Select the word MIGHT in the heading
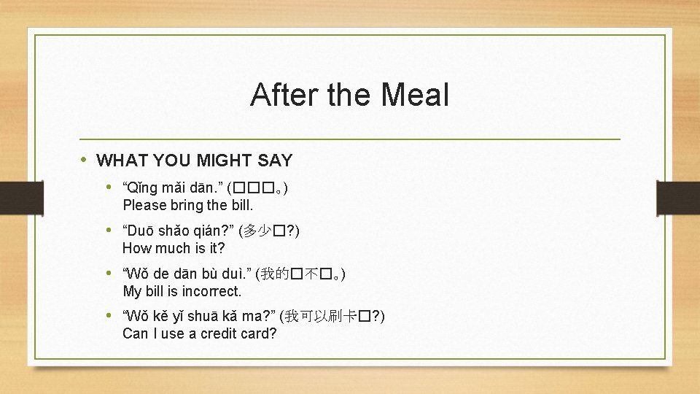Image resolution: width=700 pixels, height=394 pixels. click(x=217, y=161)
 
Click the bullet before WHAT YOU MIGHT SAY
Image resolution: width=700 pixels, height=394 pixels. click(x=85, y=160)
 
